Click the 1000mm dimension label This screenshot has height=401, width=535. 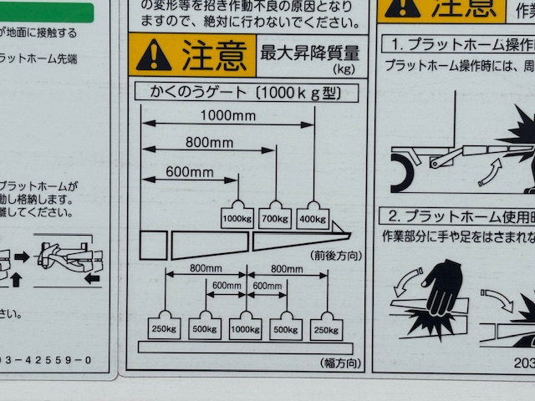click(227, 116)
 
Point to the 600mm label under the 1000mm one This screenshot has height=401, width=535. click(190, 172)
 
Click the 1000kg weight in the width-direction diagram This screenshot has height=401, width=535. click(246, 328)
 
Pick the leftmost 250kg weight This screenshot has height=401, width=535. click(164, 328)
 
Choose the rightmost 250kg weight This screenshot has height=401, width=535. click(326, 328)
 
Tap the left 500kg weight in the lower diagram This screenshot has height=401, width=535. click(205, 328)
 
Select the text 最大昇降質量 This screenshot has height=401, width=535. click(310, 53)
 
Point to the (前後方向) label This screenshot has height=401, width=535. click(336, 256)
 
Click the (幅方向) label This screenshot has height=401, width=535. click(341, 363)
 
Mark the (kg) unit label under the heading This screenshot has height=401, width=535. click(344, 69)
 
